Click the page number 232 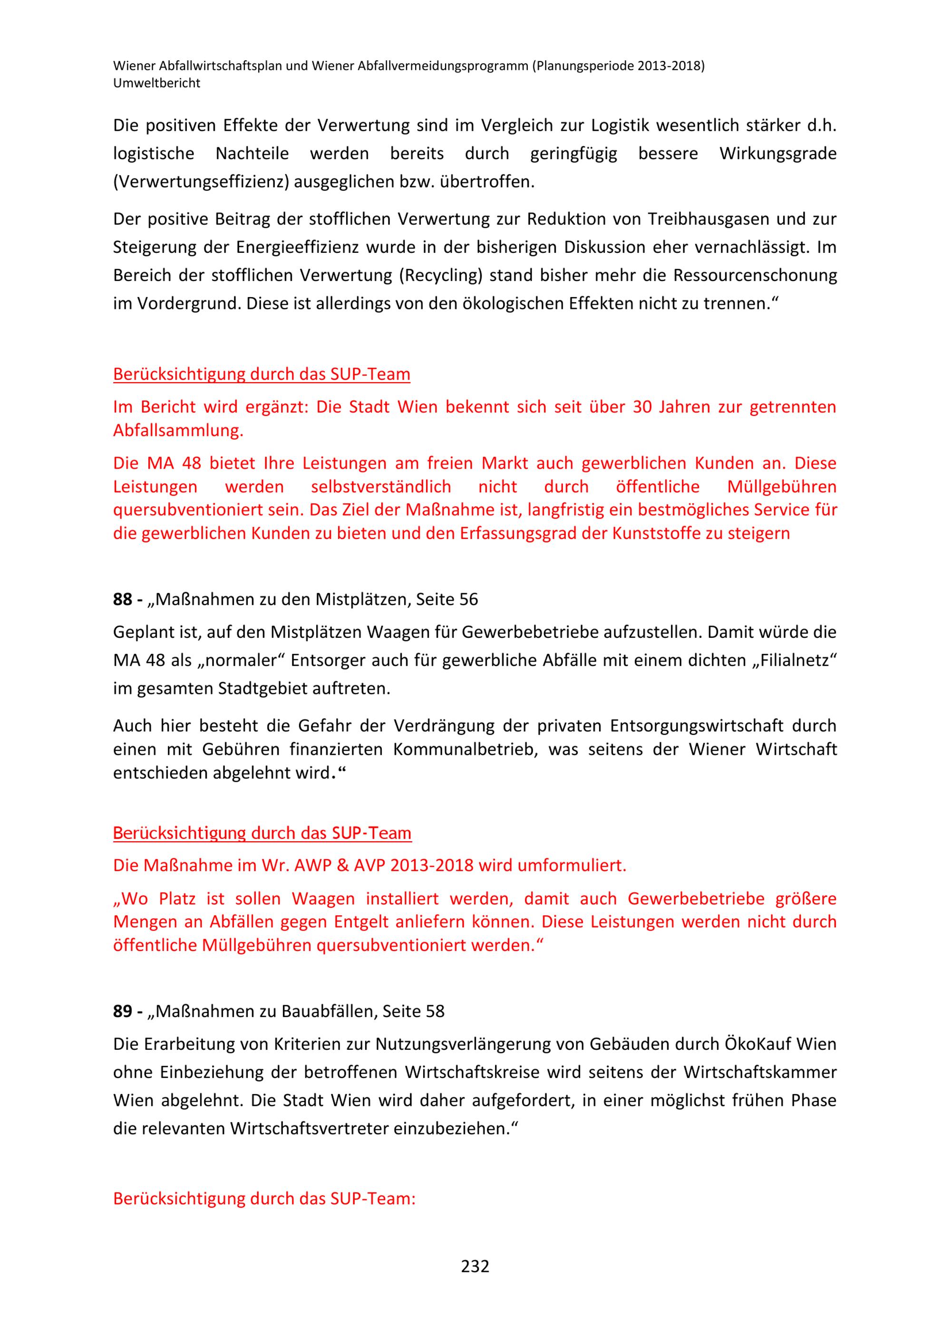pos(475,1266)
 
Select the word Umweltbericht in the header pos(156,83)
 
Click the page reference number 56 pos(468,599)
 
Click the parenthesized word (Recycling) pos(440,275)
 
